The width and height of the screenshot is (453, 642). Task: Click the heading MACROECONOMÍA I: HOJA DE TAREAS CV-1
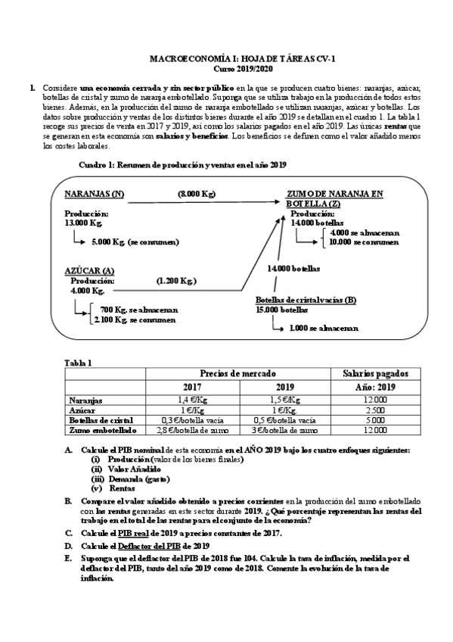[226, 58]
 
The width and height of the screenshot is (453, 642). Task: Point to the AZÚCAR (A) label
[89, 270]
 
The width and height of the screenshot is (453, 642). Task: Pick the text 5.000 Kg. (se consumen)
[135, 242]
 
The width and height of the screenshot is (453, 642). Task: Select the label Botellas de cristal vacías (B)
[306, 300]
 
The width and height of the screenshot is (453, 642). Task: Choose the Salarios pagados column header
[375, 373]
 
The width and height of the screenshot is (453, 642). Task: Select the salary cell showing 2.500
[375, 410]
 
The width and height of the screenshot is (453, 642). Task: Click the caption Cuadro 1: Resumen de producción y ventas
[182, 165]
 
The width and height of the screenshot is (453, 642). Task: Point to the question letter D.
[69, 546]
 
